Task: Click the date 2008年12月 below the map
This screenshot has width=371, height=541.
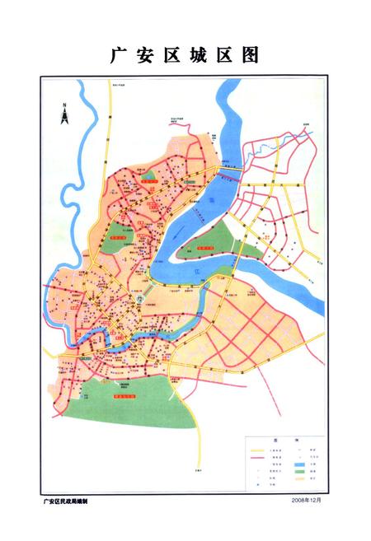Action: [305, 500]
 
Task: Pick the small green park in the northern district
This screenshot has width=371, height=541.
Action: [149, 175]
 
